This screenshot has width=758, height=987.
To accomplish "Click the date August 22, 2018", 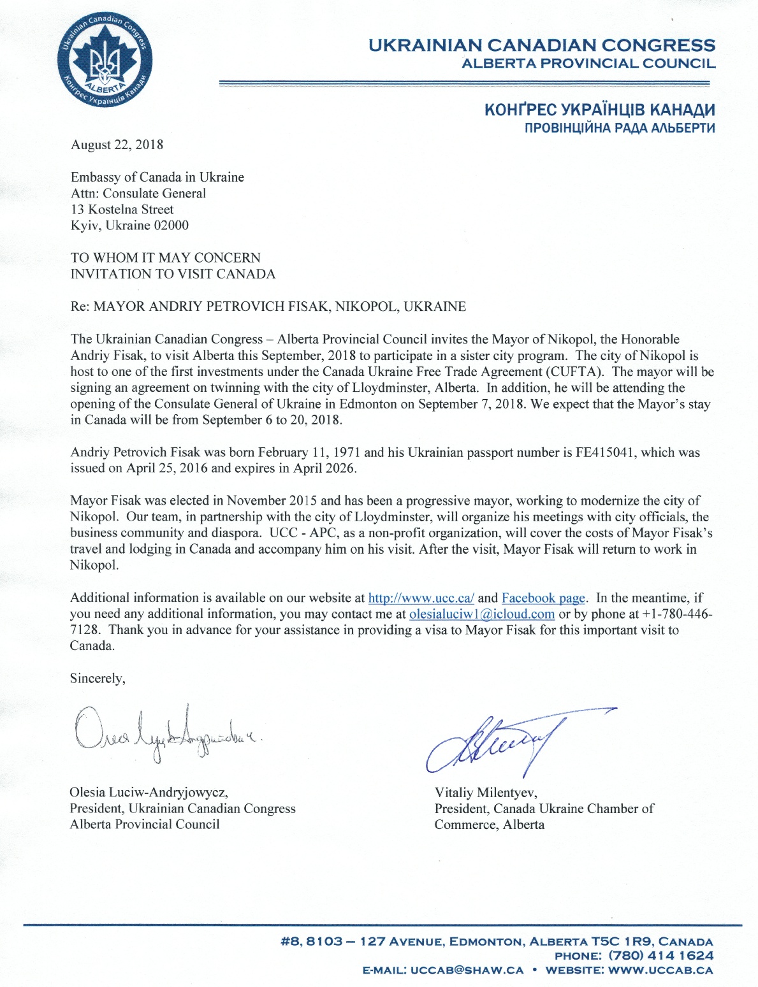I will click(x=117, y=145).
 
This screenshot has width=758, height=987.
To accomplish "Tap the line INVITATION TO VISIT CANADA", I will click(x=173, y=274).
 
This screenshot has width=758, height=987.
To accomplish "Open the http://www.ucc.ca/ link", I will click(x=421, y=598).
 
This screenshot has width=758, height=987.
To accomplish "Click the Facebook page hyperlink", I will click(x=543, y=598).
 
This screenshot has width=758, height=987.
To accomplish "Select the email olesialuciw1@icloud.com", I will click(x=481, y=614).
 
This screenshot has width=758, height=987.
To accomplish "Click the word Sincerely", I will click(x=98, y=679).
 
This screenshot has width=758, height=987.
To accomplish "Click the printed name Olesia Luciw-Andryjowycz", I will click(x=149, y=793).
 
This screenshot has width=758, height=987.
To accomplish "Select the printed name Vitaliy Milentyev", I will click(x=485, y=793).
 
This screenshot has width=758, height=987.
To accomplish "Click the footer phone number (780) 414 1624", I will click(x=660, y=956).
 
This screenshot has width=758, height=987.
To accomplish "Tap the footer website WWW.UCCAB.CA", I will click(x=660, y=970).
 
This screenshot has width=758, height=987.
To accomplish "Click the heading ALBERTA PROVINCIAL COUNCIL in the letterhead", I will click(x=588, y=64).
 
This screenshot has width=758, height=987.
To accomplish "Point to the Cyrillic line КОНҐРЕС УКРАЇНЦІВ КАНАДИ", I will click(x=599, y=110).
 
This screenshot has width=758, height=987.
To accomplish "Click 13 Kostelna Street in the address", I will click(x=122, y=210).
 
